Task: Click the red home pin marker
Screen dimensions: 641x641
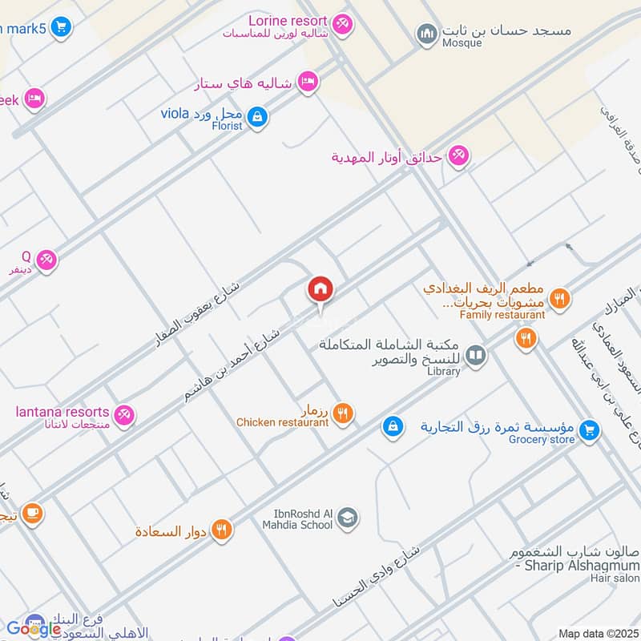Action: pyautogui.click(x=320, y=290)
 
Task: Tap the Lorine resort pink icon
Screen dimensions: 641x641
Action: pyautogui.click(x=343, y=26)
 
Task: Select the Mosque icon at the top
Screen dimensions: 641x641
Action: pyautogui.click(x=425, y=34)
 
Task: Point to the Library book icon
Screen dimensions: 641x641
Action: pyautogui.click(x=476, y=354)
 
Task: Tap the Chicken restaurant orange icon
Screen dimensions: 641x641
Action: pyautogui.click(x=342, y=413)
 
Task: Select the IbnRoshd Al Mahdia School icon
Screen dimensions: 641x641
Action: pyautogui.click(x=347, y=519)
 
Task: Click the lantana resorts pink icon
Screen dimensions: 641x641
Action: pyautogui.click(x=124, y=415)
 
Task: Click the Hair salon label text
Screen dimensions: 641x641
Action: pyautogui.click(x=615, y=578)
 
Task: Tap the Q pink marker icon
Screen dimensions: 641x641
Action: pyautogui.click(x=46, y=260)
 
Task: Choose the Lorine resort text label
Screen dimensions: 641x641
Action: pyautogui.click(x=288, y=20)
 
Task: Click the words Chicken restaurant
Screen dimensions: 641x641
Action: pyautogui.click(x=282, y=422)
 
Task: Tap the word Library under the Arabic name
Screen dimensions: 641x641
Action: pyautogui.click(x=444, y=371)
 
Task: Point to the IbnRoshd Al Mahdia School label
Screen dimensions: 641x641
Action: pyautogui.click(x=296, y=519)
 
